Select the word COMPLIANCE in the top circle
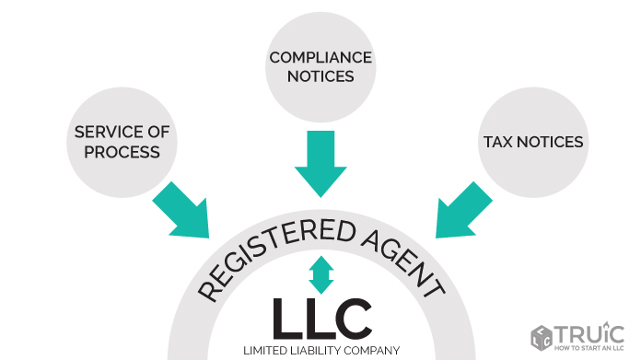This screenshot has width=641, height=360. (x=320, y=58)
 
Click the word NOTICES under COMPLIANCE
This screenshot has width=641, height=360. (x=320, y=76)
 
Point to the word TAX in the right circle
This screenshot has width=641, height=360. (x=498, y=143)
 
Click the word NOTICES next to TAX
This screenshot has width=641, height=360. (x=550, y=143)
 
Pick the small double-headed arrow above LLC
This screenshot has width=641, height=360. (x=321, y=274)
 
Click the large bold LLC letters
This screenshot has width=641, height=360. (x=321, y=318)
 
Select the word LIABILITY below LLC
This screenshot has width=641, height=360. (x=318, y=350)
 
